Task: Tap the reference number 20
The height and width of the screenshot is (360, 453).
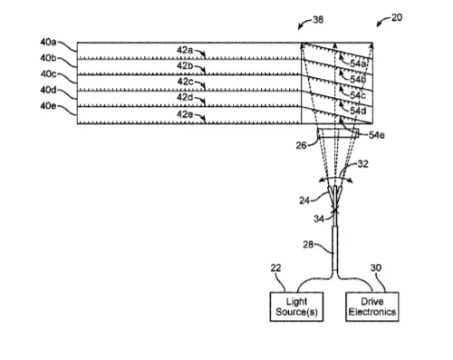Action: coord(397,17)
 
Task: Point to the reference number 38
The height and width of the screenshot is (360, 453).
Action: coord(318,20)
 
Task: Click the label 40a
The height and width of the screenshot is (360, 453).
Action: coord(48,42)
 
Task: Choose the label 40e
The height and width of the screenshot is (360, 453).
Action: coord(48,106)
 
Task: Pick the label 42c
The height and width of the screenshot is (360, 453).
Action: coord(185,82)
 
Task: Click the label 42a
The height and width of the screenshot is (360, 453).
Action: coord(185,50)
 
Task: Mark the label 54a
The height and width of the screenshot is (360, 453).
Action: coord(358,63)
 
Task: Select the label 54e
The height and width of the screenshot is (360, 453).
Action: coord(377,135)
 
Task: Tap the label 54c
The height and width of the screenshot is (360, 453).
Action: coord(358,95)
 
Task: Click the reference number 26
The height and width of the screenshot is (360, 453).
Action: coord(301,145)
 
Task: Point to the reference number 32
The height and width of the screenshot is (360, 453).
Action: coord(363,164)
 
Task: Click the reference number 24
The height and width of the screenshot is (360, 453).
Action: coord(304,200)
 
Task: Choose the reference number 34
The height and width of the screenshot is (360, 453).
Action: coord(319,219)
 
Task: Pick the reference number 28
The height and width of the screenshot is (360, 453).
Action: coord(308,244)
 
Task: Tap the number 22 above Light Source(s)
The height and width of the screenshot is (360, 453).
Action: coord(275,268)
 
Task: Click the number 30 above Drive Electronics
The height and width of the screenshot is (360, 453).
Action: coord(376,268)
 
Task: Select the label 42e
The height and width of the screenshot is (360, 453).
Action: coord(185,114)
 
